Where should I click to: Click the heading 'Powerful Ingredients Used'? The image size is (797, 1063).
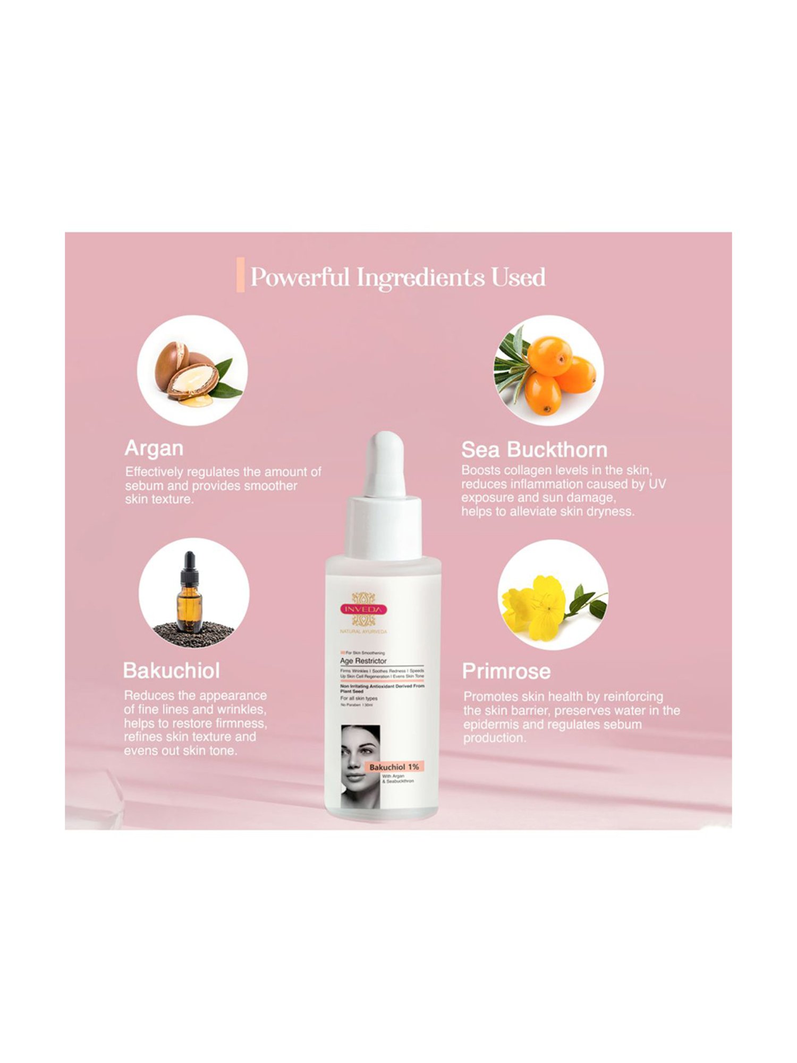coord(397,277)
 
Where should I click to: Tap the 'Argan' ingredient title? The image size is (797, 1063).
coord(154,448)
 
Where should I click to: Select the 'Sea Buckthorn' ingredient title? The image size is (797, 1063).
coord(534,450)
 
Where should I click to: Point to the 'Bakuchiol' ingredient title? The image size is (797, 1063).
coord(171,671)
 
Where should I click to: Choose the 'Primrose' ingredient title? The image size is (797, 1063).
coord(506,671)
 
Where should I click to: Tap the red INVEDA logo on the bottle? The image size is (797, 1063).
coord(364,609)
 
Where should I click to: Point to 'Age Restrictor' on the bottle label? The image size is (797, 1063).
coord(363,661)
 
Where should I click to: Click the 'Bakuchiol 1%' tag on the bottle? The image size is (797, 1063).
coord(394,767)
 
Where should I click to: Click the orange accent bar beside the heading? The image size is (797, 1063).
coord(240,274)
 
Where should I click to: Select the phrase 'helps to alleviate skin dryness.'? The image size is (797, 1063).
coord(547,512)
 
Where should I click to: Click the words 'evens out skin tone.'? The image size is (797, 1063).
coord(180,750)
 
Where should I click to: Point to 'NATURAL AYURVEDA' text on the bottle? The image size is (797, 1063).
coord(363,631)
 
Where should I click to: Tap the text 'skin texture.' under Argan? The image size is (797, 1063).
coord(159,499)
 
